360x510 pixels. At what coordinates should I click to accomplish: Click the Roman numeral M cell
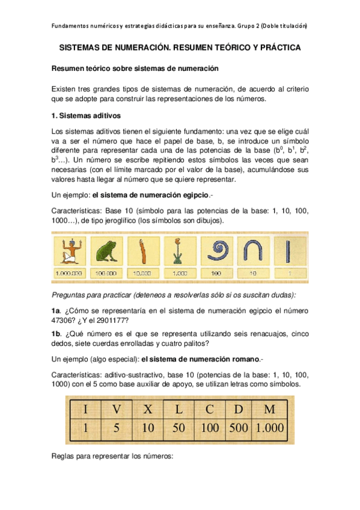tap(269, 410)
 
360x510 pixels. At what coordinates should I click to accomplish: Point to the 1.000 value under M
tap(269, 430)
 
